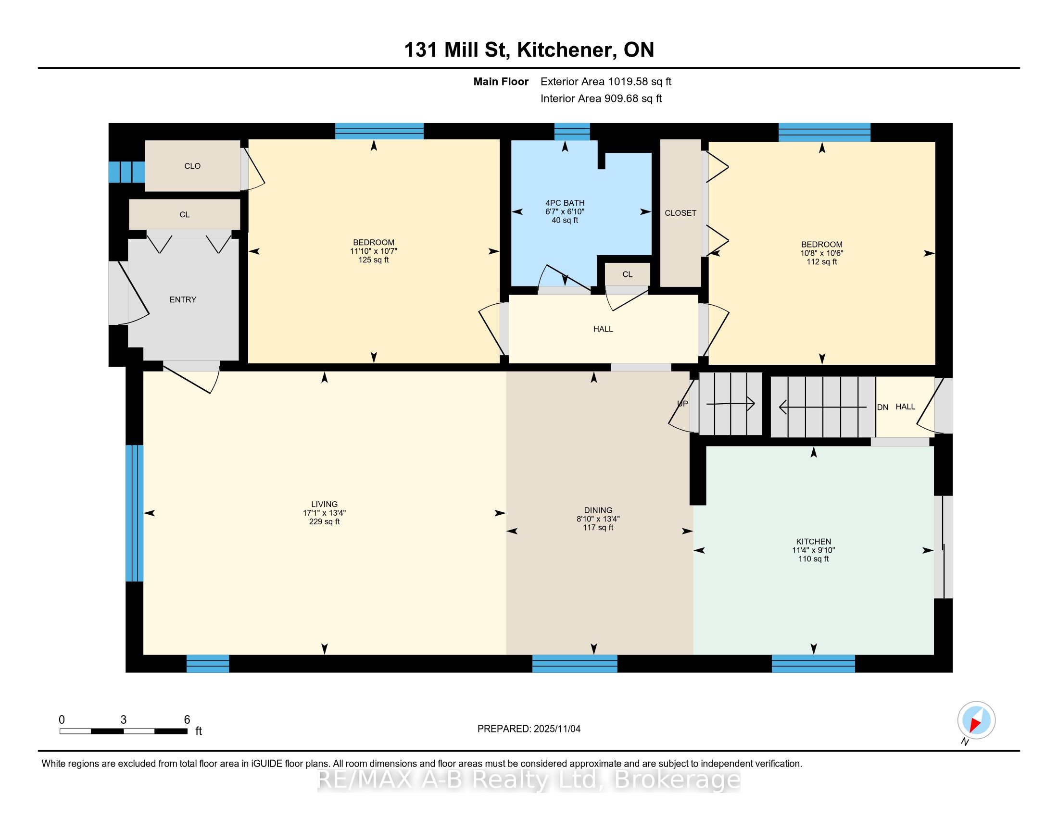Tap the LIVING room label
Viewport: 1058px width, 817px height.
pyautogui.click(x=324, y=504)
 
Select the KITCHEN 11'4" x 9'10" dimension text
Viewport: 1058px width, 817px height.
pyautogui.click(x=813, y=550)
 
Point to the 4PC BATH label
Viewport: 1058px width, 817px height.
pyautogui.click(x=565, y=203)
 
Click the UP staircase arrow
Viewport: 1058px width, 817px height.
pyautogui.click(x=731, y=403)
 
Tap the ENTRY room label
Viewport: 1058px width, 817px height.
pyautogui.click(x=183, y=299)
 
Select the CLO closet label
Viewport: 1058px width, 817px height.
pyautogui.click(x=192, y=166)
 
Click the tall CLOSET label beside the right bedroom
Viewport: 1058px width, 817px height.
pyautogui.click(x=680, y=213)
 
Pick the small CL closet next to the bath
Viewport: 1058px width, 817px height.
pyautogui.click(x=627, y=274)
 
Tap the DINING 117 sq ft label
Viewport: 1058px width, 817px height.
pyautogui.click(x=598, y=527)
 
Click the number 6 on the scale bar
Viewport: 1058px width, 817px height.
pyautogui.click(x=187, y=720)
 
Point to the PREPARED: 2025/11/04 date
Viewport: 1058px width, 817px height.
pyautogui.click(x=529, y=729)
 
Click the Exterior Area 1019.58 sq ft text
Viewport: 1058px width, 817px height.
pyautogui.click(x=605, y=82)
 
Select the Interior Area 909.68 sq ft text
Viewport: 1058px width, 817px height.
pyautogui.click(x=601, y=99)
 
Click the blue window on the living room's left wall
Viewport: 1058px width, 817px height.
pyautogui.click(x=134, y=513)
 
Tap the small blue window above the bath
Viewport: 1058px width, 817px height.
pyautogui.click(x=572, y=132)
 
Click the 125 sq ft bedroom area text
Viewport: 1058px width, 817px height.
pyautogui.click(x=374, y=260)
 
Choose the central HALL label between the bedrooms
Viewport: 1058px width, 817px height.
pyautogui.click(x=603, y=329)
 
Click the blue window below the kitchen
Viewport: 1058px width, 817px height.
pyautogui.click(x=813, y=663)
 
